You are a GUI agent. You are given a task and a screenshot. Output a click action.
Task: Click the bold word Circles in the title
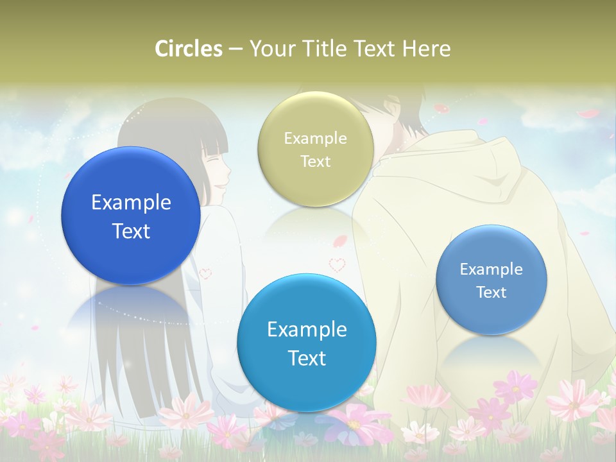189,49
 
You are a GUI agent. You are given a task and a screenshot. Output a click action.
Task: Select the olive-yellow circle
315,149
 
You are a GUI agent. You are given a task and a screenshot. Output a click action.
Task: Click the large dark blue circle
131,216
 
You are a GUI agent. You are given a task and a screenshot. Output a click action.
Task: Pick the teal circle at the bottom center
307,343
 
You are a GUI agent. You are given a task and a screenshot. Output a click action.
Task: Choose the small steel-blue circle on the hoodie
492,280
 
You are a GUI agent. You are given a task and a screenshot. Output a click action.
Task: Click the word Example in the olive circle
315,139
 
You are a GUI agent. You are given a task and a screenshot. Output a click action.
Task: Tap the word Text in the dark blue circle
131,231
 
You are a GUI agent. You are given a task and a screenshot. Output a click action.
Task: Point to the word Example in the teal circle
307,329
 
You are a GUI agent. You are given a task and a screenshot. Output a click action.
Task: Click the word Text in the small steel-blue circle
492,293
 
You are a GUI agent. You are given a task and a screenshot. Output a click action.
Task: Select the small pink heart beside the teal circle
337,264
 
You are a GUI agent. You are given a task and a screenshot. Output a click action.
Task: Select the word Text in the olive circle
315,162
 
